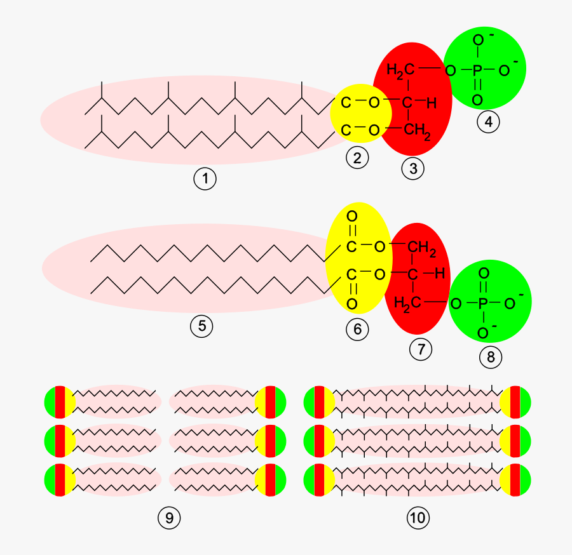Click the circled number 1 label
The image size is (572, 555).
coord(205,179)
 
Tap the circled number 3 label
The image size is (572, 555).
coord(413,168)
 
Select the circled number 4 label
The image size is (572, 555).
coord(488,122)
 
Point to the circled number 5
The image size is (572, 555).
coord(201,326)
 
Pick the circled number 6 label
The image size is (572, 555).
coord(357,329)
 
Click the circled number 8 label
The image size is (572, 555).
coord(490,357)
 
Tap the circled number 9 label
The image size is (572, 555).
coord(169,518)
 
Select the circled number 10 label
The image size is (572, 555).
coord(418,518)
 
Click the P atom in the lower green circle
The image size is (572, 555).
coord(482,304)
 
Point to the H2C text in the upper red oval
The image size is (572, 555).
coord(398,69)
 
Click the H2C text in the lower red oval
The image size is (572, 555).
coord(407,304)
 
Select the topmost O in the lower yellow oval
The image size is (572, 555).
coord(351,217)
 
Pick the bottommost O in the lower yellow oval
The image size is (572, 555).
coord(351,304)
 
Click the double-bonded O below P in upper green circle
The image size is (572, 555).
coord(477,100)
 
